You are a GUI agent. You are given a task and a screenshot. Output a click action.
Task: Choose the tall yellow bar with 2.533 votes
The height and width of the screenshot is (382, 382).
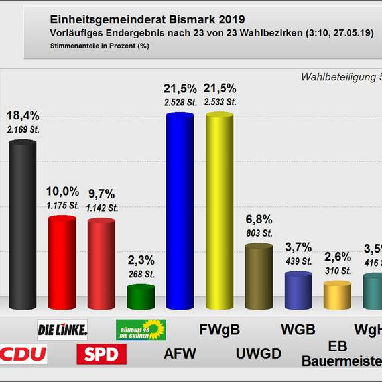point(220,211)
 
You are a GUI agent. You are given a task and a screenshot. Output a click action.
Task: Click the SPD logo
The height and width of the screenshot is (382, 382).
point(101,353)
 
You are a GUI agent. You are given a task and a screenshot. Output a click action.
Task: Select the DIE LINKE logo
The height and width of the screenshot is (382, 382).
point(62,329)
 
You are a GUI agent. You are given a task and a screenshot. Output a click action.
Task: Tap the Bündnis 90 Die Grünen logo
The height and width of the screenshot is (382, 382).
point(141,329)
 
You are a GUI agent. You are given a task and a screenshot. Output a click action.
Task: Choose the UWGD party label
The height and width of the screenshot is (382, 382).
point(259,353)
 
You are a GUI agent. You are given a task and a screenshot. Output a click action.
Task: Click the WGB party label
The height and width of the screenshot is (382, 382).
point(297,329)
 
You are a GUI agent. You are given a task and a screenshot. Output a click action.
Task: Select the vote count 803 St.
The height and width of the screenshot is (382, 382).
point(259,233)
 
